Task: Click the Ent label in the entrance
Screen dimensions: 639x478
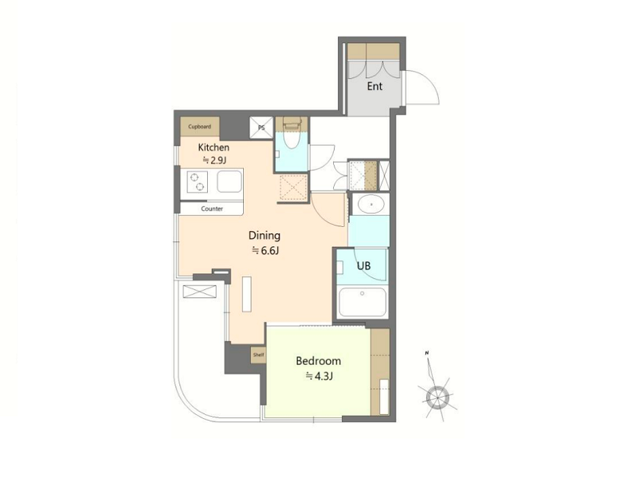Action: (374, 86)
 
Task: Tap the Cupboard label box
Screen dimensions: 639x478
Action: (200, 127)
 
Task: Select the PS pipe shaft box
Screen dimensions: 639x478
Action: (261, 127)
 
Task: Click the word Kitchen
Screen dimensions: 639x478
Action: (214, 147)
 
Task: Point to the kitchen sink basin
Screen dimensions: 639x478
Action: (229, 182)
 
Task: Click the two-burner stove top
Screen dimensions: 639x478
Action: (198, 182)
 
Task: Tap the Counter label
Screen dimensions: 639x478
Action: (212, 209)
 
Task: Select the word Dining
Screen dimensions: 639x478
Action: (265, 236)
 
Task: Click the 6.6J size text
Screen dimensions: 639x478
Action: (265, 251)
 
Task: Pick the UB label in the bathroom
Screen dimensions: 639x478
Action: (363, 266)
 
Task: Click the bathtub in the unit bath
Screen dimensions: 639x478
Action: (363, 302)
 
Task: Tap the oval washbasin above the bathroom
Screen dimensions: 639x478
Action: (370, 203)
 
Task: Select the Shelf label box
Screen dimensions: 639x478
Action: (258, 355)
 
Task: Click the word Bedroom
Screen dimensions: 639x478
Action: (318, 361)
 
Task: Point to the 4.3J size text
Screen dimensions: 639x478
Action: (319, 377)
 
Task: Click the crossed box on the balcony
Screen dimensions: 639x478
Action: (200, 292)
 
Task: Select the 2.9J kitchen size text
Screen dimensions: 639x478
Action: (214, 160)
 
